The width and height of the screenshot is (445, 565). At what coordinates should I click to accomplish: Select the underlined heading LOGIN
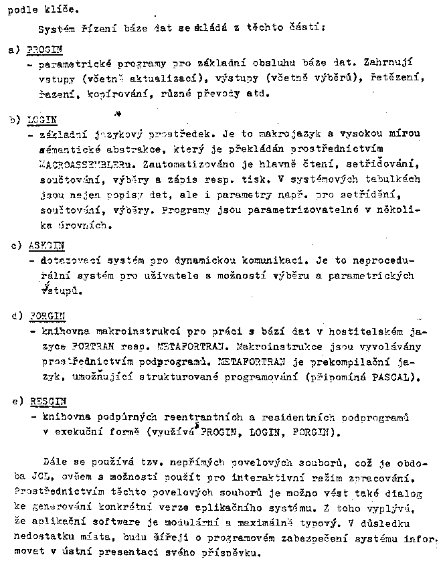[41, 120]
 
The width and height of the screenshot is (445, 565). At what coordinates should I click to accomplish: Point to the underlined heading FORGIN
[45, 315]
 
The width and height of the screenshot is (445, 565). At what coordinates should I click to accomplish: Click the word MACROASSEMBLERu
[73, 163]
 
